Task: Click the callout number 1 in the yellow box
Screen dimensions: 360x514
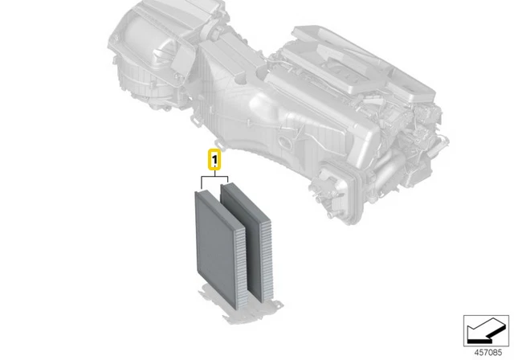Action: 214,159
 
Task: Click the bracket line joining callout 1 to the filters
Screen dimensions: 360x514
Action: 214,176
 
